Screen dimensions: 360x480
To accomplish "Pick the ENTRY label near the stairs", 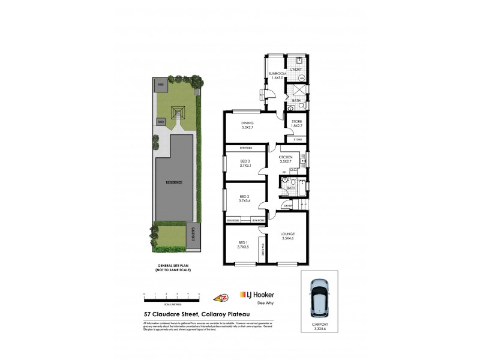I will click(x=288, y=206).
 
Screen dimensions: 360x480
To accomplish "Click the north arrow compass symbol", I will click(x=220, y=296).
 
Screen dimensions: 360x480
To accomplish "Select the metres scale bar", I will click(x=172, y=296).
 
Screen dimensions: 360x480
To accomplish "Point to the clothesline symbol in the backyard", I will click(x=178, y=112).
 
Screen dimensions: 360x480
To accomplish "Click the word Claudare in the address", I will click(x=178, y=313).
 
